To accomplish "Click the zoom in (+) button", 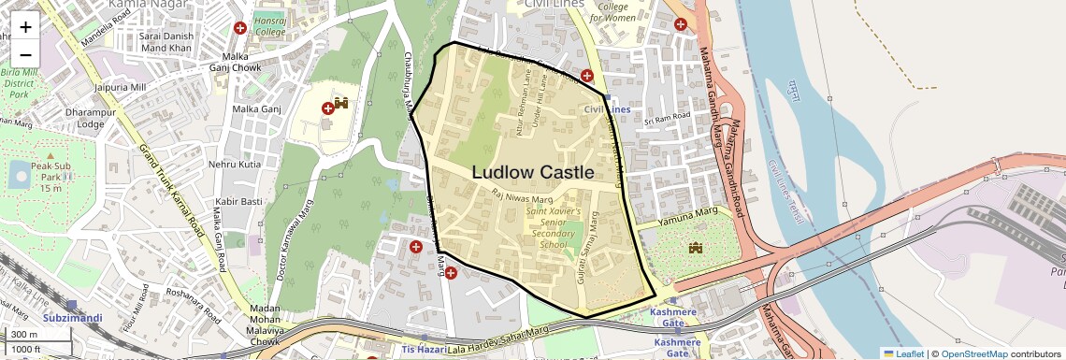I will (25, 26).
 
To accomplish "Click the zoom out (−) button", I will (25, 54).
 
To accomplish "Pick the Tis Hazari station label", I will (421, 349).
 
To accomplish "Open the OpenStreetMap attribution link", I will (973, 353).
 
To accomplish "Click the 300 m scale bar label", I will (24, 335).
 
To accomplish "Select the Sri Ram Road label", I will (671, 119).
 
